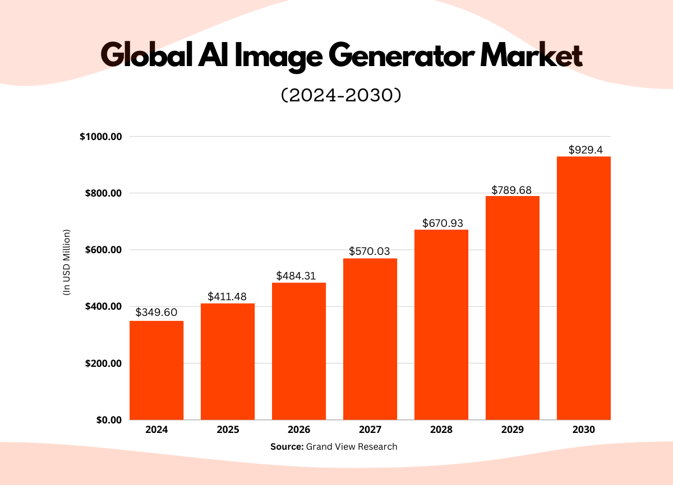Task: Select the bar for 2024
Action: click(x=156, y=370)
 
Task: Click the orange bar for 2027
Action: click(x=370, y=339)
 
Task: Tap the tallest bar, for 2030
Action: click(x=584, y=288)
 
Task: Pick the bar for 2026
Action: click(x=299, y=351)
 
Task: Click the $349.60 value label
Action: click(x=156, y=311)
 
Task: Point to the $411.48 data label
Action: click(x=227, y=296)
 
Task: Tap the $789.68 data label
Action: click(x=513, y=189)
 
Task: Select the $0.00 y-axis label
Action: click(x=108, y=419)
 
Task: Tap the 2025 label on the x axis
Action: click(x=227, y=430)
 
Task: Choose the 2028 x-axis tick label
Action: click(x=441, y=430)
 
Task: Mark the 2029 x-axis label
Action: click(x=513, y=430)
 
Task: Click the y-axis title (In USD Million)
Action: click(x=66, y=262)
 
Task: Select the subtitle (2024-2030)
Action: click(x=340, y=96)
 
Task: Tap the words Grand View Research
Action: click(x=352, y=446)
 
